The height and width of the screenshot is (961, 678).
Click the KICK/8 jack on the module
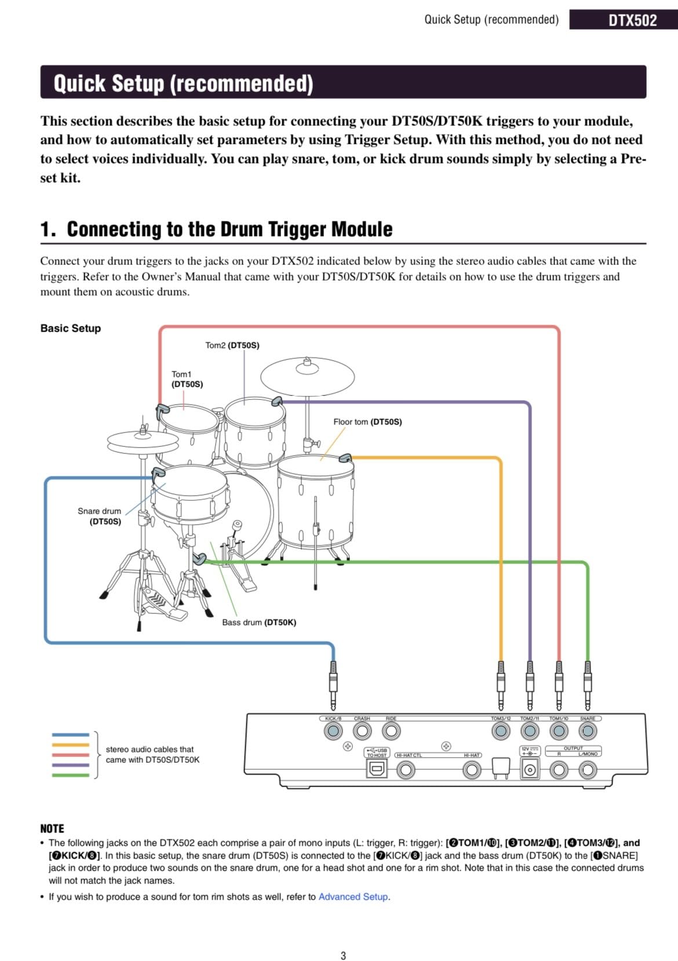(x=333, y=731)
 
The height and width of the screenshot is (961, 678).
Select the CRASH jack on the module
(x=362, y=731)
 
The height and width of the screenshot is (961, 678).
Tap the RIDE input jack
(x=391, y=731)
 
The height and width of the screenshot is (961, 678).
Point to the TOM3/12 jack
(x=501, y=731)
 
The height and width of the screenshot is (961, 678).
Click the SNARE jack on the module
(x=588, y=731)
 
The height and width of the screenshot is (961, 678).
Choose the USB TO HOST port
(x=377, y=769)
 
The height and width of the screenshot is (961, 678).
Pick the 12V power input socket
(x=529, y=770)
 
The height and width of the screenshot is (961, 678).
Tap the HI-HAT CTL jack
(x=406, y=770)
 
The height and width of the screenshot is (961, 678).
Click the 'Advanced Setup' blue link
(x=353, y=897)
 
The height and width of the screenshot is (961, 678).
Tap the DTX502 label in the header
(x=632, y=20)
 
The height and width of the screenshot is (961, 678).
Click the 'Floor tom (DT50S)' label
(x=367, y=422)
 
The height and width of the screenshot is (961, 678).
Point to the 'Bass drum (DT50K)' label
(x=259, y=623)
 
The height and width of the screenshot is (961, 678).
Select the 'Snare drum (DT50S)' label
(x=100, y=516)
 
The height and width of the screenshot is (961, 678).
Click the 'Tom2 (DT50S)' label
(x=232, y=345)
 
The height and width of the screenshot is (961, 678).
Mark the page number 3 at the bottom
(x=343, y=956)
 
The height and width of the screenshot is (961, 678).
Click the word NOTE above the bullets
(x=52, y=828)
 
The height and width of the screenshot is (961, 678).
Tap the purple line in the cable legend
(x=71, y=765)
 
